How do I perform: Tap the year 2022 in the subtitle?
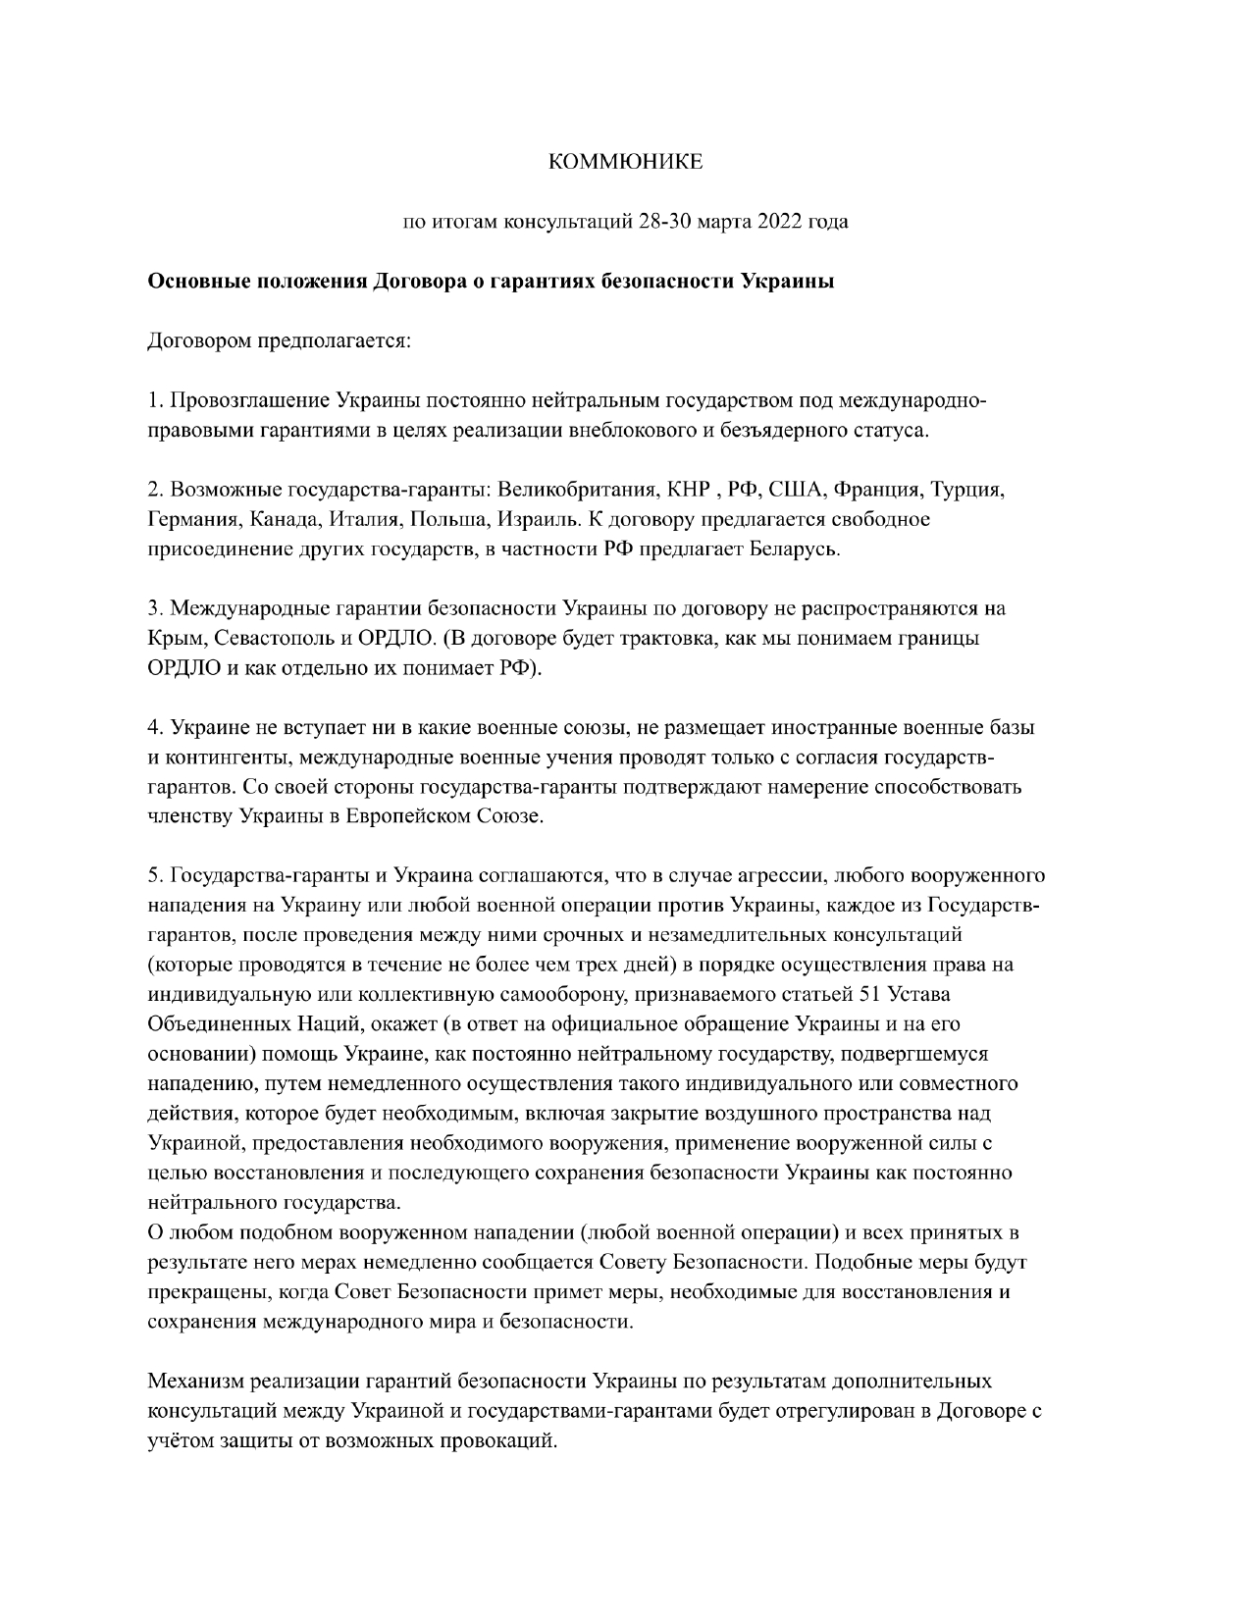pyautogui.click(x=778, y=222)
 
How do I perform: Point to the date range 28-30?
pyautogui.click(x=663, y=222)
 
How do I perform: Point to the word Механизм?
pyautogui.click(x=194, y=1382)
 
